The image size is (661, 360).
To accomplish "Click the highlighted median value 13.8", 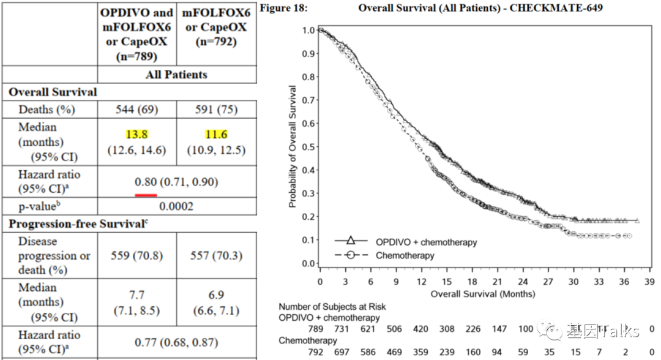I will (136, 134).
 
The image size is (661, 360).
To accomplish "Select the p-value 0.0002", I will (176, 206).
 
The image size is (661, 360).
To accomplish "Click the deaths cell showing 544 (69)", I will (136, 110).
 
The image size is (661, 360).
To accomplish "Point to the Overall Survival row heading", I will (53, 92).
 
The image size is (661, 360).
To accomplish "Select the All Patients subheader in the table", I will (176, 75).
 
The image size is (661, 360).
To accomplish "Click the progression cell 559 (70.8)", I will (136, 255).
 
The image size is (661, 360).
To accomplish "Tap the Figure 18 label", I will (284, 8).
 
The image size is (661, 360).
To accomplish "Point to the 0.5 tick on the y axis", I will (310, 147).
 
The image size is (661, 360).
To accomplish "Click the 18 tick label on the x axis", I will (472, 282).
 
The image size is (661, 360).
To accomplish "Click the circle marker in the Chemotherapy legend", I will (351, 255).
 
